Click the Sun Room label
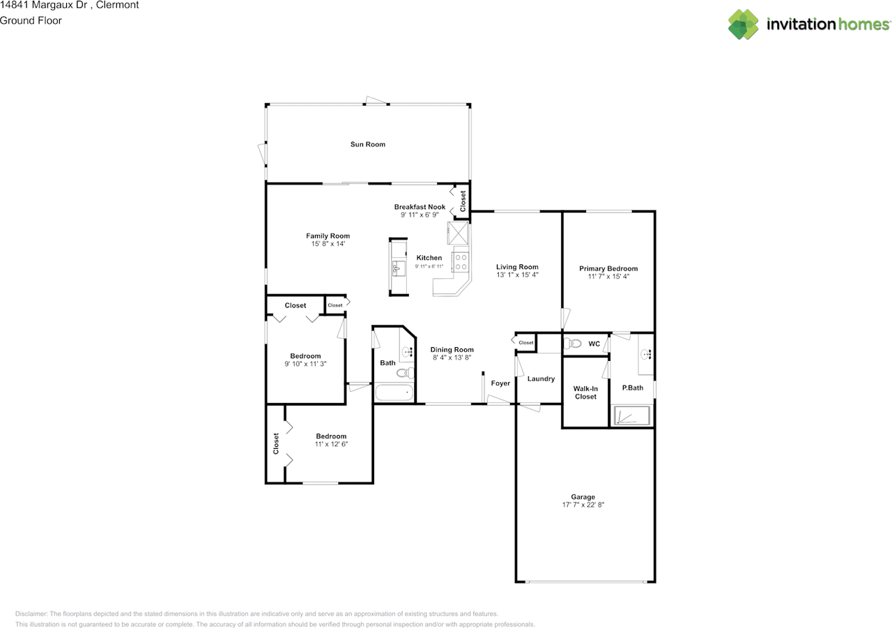click(x=367, y=144)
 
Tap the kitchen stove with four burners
click(x=460, y=262)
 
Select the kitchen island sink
click(x=398, y=268)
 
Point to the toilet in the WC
click(x=572, y=343)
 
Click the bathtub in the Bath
click(x=394, y=392)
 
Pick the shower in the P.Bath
click(x=632, y=415)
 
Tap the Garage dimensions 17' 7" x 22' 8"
click(x=583, y=505)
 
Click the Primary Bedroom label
click(x=608, y=268)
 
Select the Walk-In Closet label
click(x=585, y=392)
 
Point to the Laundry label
click(x=541, y=378)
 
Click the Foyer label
click(x=500, y=383)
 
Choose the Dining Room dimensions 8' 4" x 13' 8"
click(x=452, y=358)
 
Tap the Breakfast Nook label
click(x=420, y=207)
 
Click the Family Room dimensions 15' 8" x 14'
click(x=328, y=244)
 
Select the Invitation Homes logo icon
click(x=743, y=24)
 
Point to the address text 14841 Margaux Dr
click(x=44, y=5)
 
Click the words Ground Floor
click(x=31, y=20)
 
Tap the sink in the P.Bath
click(x=646, y=353)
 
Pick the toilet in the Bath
click(x=405, y=373)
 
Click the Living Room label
click(x=517, y=267)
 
